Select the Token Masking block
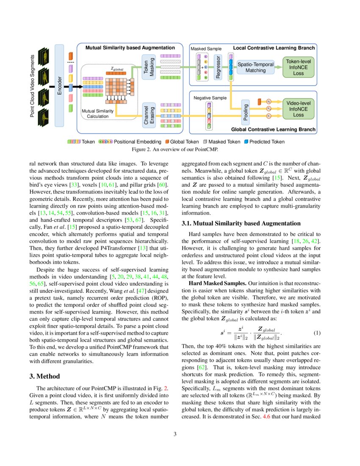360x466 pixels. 148,66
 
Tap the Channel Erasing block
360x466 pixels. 148,115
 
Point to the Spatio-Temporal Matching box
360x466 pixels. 255,67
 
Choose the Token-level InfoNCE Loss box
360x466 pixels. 299,67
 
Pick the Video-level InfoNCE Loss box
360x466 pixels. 299,109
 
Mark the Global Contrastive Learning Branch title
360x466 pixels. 273,129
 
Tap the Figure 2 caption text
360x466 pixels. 180,149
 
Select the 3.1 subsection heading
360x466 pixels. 241,223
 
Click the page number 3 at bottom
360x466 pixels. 180,434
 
